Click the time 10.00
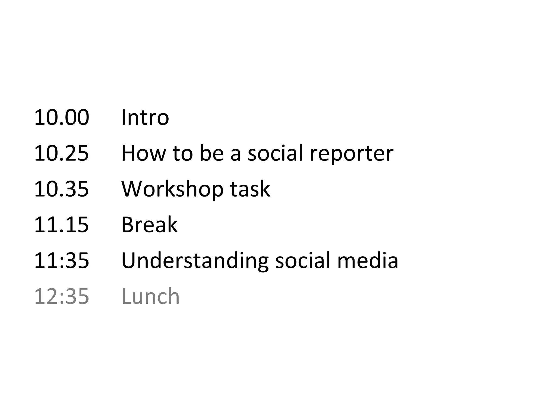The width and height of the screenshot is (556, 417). [x=62, y=118]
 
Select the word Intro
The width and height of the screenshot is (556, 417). [x=145, y=118]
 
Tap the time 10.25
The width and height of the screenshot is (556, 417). [x=62, y=153]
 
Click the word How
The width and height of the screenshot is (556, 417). [x=143, y=153]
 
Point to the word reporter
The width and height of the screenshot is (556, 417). [x=351, y=153]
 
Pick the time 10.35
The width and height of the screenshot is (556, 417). [x=62, y=189]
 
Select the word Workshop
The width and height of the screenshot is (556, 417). [x=172, y=189]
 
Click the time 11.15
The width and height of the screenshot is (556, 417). [x=62, y=225]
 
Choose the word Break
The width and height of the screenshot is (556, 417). [x=149, y=225]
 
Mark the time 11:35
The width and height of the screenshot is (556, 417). [x=62, y=261]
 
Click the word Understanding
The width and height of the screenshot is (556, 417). [x=195, y=261]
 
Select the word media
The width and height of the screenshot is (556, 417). [x=368, y=261]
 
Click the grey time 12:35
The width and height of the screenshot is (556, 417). [x=62, y=296]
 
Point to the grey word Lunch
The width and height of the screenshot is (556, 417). [x=150, y=296]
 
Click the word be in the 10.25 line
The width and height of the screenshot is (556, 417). [x=212, y=153]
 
